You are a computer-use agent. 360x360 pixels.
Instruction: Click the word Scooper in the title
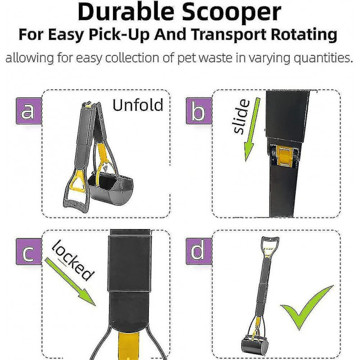click(x=230, y=13)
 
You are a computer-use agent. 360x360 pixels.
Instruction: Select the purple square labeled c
click(x=27, y=252)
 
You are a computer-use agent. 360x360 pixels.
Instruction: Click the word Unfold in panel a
click(x=137, y=105)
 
